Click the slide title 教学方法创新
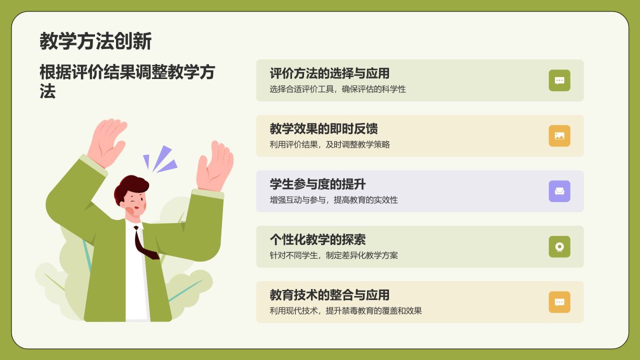coord(95,41)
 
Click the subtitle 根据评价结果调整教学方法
coord(127,81)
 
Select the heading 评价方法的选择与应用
coord(329,73)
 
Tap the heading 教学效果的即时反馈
coord(323,128)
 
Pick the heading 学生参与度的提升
coord(317,184)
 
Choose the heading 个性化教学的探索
coord(317,239)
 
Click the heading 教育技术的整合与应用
coord(329,295)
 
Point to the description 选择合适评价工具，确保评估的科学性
coord(337,89)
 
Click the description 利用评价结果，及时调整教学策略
coord(329,144)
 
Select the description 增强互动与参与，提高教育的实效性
coord(333,200)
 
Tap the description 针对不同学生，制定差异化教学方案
coord(333,255)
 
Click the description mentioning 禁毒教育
coord(345,311)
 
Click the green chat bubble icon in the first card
coord(559,80)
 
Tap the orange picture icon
coord(559,136)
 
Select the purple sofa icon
coord(559,191)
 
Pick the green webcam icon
coord(559,247)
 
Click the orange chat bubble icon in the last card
coord(559,302)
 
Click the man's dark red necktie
coord(144,244)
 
